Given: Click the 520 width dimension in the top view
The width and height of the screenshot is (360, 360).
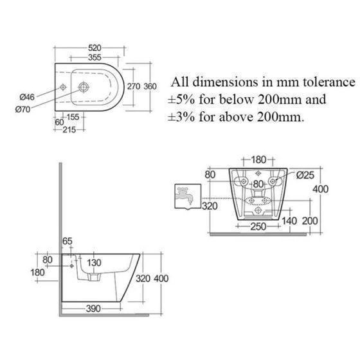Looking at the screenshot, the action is (94, 48).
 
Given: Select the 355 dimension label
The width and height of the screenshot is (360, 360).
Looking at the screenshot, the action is (94, 57).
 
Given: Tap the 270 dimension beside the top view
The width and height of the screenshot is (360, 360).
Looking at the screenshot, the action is (134, 87).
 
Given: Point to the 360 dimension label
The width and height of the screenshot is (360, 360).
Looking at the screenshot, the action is (150, 87).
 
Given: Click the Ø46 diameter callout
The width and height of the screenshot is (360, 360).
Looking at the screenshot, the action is (27, 97).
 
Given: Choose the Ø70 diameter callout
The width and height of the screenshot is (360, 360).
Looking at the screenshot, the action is (22, 109).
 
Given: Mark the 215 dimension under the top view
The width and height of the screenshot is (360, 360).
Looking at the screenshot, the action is (69, 130).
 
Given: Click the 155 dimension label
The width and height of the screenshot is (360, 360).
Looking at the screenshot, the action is (73, 117).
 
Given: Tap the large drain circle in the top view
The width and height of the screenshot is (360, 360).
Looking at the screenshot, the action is (84, 87).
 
